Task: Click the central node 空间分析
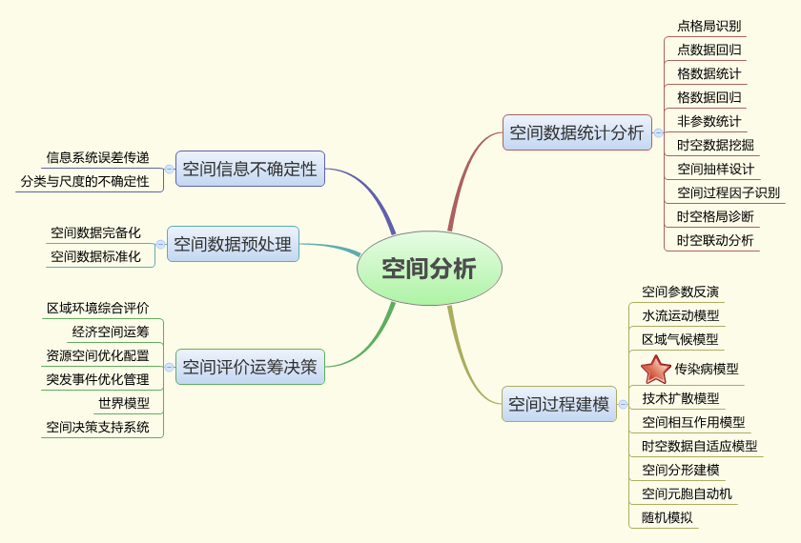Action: (428, 269)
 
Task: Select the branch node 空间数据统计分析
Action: (576, 132)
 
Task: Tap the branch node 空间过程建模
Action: (558, 404)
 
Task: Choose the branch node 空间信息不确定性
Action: (250, 169)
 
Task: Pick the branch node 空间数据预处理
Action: (233, 244)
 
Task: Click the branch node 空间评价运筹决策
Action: (250, 366)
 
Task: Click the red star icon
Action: (656, 369)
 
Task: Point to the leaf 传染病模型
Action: (706, 369)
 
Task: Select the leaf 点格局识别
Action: (709, 26)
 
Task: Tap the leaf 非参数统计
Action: (709, 121)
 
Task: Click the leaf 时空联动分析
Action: (715, 240)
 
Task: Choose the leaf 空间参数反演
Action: (680, 292)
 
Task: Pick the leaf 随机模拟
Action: (667, 518)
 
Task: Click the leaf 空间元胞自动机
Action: (687, 493)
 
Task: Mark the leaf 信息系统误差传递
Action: (97, 157)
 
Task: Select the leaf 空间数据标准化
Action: (95, 256)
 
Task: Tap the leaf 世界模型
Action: (124, 403)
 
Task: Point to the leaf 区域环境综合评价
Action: (98, 308)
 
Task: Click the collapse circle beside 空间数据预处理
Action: (160, 245)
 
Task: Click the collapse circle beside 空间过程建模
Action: (623, 404)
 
